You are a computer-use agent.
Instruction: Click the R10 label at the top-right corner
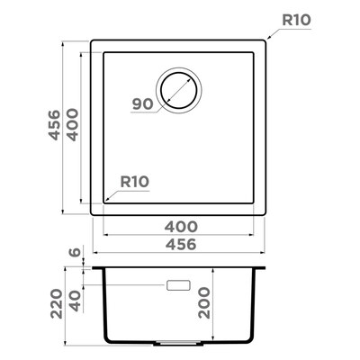[x=296, y=20]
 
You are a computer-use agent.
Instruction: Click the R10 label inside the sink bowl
[x=135, y=182]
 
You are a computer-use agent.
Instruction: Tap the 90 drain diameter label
[x=143, y=104]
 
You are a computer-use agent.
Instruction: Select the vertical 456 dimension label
[x=55, y=125]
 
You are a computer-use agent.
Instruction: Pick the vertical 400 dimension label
[x=72, y=125]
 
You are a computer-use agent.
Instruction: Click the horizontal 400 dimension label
[x=181, y=227]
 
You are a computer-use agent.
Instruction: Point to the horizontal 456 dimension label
[x=181, y=244]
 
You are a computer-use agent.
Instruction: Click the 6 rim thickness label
[x=75, y=252]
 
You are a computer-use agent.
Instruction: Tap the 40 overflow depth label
[x=75, y=301]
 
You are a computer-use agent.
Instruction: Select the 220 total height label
[x=57, y=303]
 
